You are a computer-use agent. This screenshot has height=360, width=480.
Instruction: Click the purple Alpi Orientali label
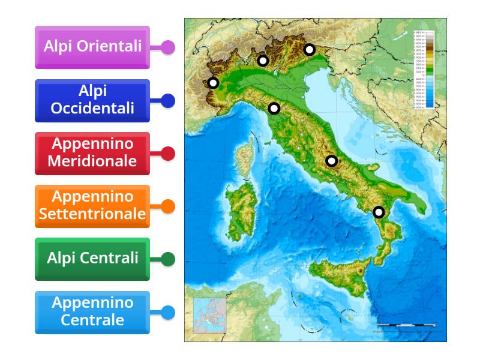pyautogui.click(x=92, y=47)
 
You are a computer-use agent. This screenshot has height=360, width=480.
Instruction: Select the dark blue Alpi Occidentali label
pyautogui.click(x=92, y=100)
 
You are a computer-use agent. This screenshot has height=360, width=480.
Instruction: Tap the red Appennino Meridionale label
pyautogui.click(x=92, y=153)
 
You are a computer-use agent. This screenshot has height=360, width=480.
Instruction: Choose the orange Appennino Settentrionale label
pyautogui.click(x=92, y=206)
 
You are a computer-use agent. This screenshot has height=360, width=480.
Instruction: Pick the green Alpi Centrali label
pyautogui.click(x=92, y=259)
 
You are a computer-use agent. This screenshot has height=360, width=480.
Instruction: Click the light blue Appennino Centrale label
pyautogui.click(x=92, y=312)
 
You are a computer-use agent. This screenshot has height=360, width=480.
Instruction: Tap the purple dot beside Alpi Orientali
pyautogui.click(x=168, y=47)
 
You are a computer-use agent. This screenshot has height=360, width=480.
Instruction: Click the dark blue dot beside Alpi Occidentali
pyautogui.click(x=168, y=101)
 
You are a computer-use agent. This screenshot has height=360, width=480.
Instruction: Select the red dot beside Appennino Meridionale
pyautogui.click(x=168, y=154)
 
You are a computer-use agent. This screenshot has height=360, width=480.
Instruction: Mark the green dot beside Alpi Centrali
pyautogui.click(x=168, y=259)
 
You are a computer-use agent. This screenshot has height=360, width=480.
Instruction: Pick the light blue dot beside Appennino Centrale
pyautogui.click(x=168, y=312)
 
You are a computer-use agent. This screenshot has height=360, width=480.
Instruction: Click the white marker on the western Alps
pyautogui.click(x=213, y=83)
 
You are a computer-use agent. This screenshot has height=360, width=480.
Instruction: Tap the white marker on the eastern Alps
pyautogui.click(x=309, y=50)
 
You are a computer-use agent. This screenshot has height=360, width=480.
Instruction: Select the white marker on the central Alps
pyautogui.click(x=262, y=61)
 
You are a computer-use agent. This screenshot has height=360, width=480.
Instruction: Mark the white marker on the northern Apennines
pyautogui.click(x=274, y=109)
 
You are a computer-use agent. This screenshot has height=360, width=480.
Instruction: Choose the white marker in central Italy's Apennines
pyautogui.click(x=331, y=161)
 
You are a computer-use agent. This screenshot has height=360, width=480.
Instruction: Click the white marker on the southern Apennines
pyautogui.click(x=379, y=212)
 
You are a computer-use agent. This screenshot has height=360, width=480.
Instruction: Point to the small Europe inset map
pyautogui.click(x=209, y=316)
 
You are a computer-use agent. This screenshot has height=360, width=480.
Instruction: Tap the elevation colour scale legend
pyautogui.click(x=424, y=69)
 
